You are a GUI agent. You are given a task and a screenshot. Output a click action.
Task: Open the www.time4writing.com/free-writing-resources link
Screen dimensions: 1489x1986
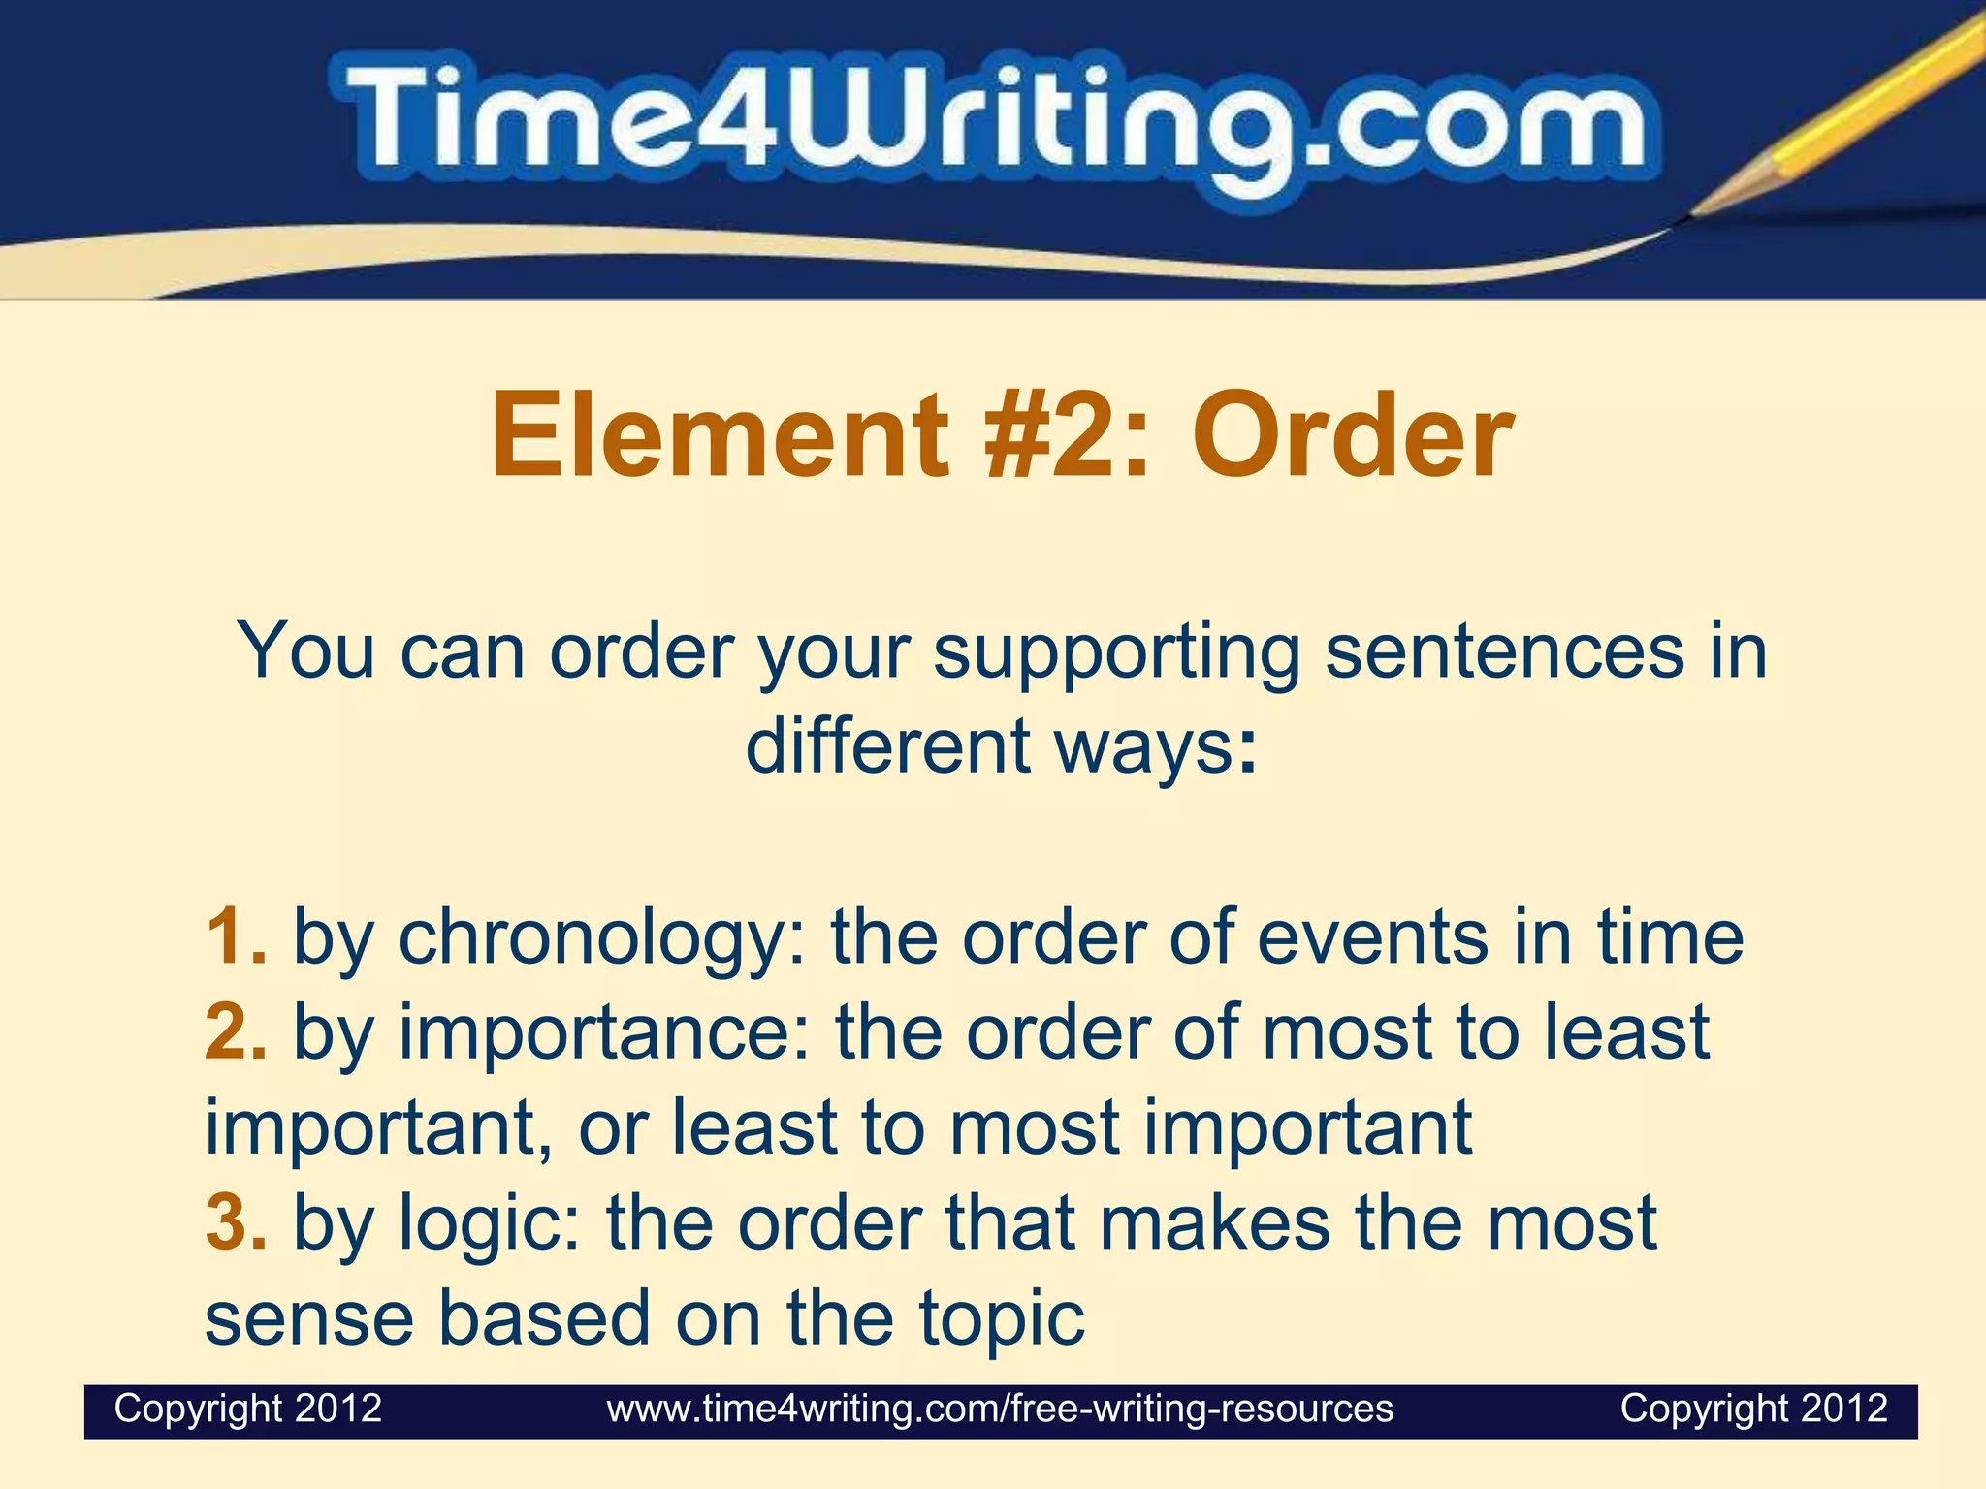[1000, 1409]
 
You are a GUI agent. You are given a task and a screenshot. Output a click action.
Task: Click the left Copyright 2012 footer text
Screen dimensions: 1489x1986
[248, 1408]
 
